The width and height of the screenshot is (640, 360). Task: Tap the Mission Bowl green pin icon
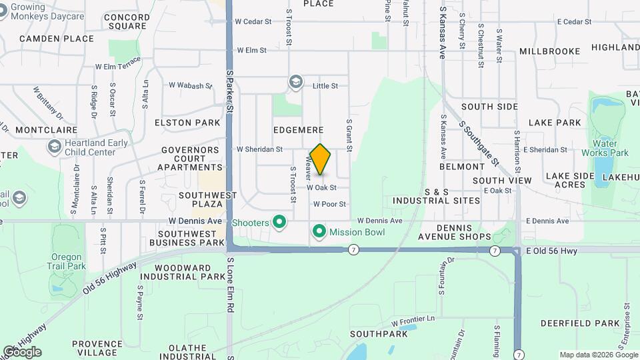pyautogui.click(x=319, y=232)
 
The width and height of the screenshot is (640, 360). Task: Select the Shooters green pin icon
pyautogui.click(x=279, y=222)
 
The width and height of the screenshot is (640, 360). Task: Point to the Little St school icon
pyautogui.click(x=295, y=82)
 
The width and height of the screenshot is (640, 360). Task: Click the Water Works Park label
pyautogui.click(x=611, y=148)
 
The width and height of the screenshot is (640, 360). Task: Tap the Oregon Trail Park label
pyautogui.click(x=67, y=261)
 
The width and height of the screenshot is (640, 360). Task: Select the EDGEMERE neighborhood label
pyautogui.click(x=298, y=129)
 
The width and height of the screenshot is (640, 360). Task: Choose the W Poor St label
pyautogui.click(x=329, y=204)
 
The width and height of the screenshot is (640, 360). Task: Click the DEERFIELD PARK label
pyautogui.click(x=580, y=323)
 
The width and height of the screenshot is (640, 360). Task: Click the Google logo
pyautogui.click(x=22, y=351)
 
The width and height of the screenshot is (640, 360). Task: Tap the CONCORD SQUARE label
pyautogui.click(x=127, y=21)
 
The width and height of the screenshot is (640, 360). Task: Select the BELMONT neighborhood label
pyautogui.click(x=461, y=166)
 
